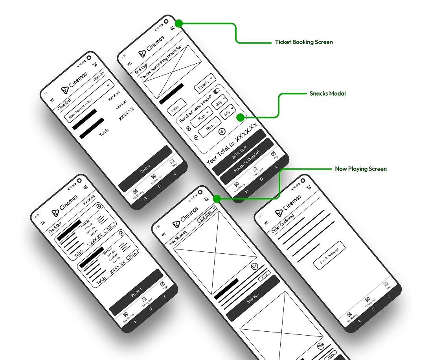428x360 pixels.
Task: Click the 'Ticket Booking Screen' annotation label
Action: click(x=304, y=42)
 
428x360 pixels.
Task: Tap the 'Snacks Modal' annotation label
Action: click(x=328, y=94)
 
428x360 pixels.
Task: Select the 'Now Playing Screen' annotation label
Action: click(x=361, y=169)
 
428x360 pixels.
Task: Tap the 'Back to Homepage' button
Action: click(x=329, y=255)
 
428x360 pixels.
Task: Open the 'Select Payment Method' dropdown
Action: click(x=89, y=101)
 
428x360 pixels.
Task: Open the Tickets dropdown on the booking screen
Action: click(x=205, y=83)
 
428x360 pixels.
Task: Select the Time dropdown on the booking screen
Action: click(x=176, y=107)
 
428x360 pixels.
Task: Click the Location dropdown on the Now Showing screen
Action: click(x=207, y=213)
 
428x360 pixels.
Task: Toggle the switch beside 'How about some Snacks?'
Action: click(x=217, y=91)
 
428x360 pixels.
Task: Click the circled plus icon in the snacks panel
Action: click(x=222, y=131)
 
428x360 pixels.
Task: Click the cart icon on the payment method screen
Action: click(x=95, y=65)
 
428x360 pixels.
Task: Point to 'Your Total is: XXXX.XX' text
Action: click(x=232, y=143)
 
